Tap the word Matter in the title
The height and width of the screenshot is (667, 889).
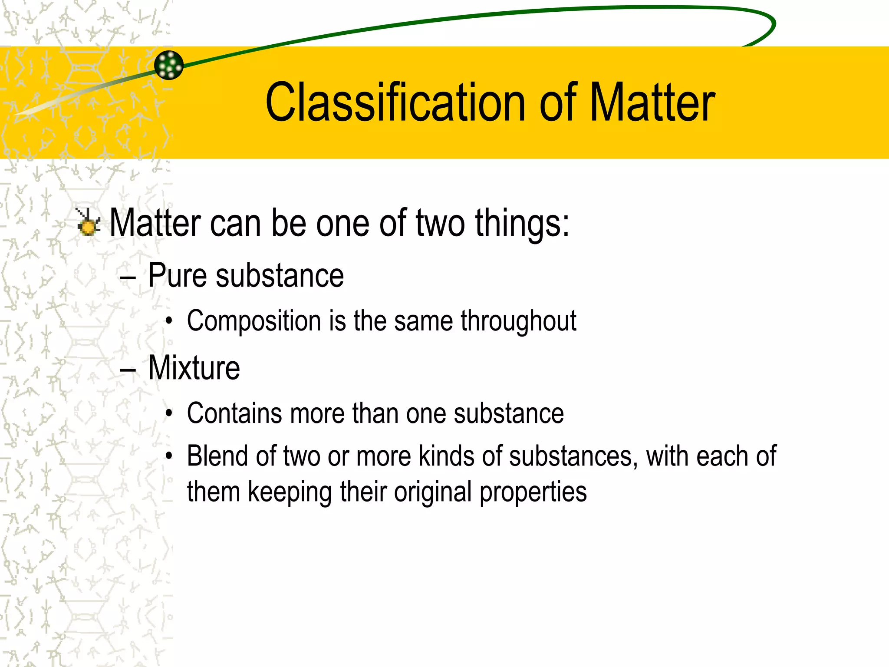(x=652, y=102)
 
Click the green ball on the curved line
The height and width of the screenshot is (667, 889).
(x=169, y=65)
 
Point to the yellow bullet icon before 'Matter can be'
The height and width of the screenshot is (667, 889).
(x=88, y=222)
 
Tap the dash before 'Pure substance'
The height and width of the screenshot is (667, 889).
(x=128, y=278)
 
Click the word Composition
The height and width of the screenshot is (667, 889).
(x=254, y=322)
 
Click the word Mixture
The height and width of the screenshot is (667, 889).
(x=194, y=368)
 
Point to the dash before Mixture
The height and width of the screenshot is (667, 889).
(x=128, y=370)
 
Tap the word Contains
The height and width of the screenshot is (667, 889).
(x=234, y=413)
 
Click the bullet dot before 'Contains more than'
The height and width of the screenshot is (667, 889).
(x=169, y=414)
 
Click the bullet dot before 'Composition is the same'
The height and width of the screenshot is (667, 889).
(x=169, y=322)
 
